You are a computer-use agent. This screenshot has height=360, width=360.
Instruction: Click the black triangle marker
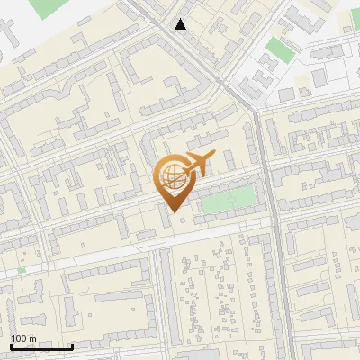click(x=181, y=24)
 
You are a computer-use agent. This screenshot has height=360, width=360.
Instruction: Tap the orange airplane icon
click(x=197, y=165)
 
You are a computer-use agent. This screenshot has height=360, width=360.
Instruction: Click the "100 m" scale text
click(x=23, y=338)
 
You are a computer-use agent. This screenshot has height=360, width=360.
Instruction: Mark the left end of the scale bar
click(x=11, y=346)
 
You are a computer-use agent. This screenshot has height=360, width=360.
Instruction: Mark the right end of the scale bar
click(x=72, y=346)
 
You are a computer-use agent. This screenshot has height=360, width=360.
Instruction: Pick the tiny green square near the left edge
click(x=21, y=269)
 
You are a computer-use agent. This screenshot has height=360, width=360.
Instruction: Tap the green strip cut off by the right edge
click(x=355, y=27)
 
